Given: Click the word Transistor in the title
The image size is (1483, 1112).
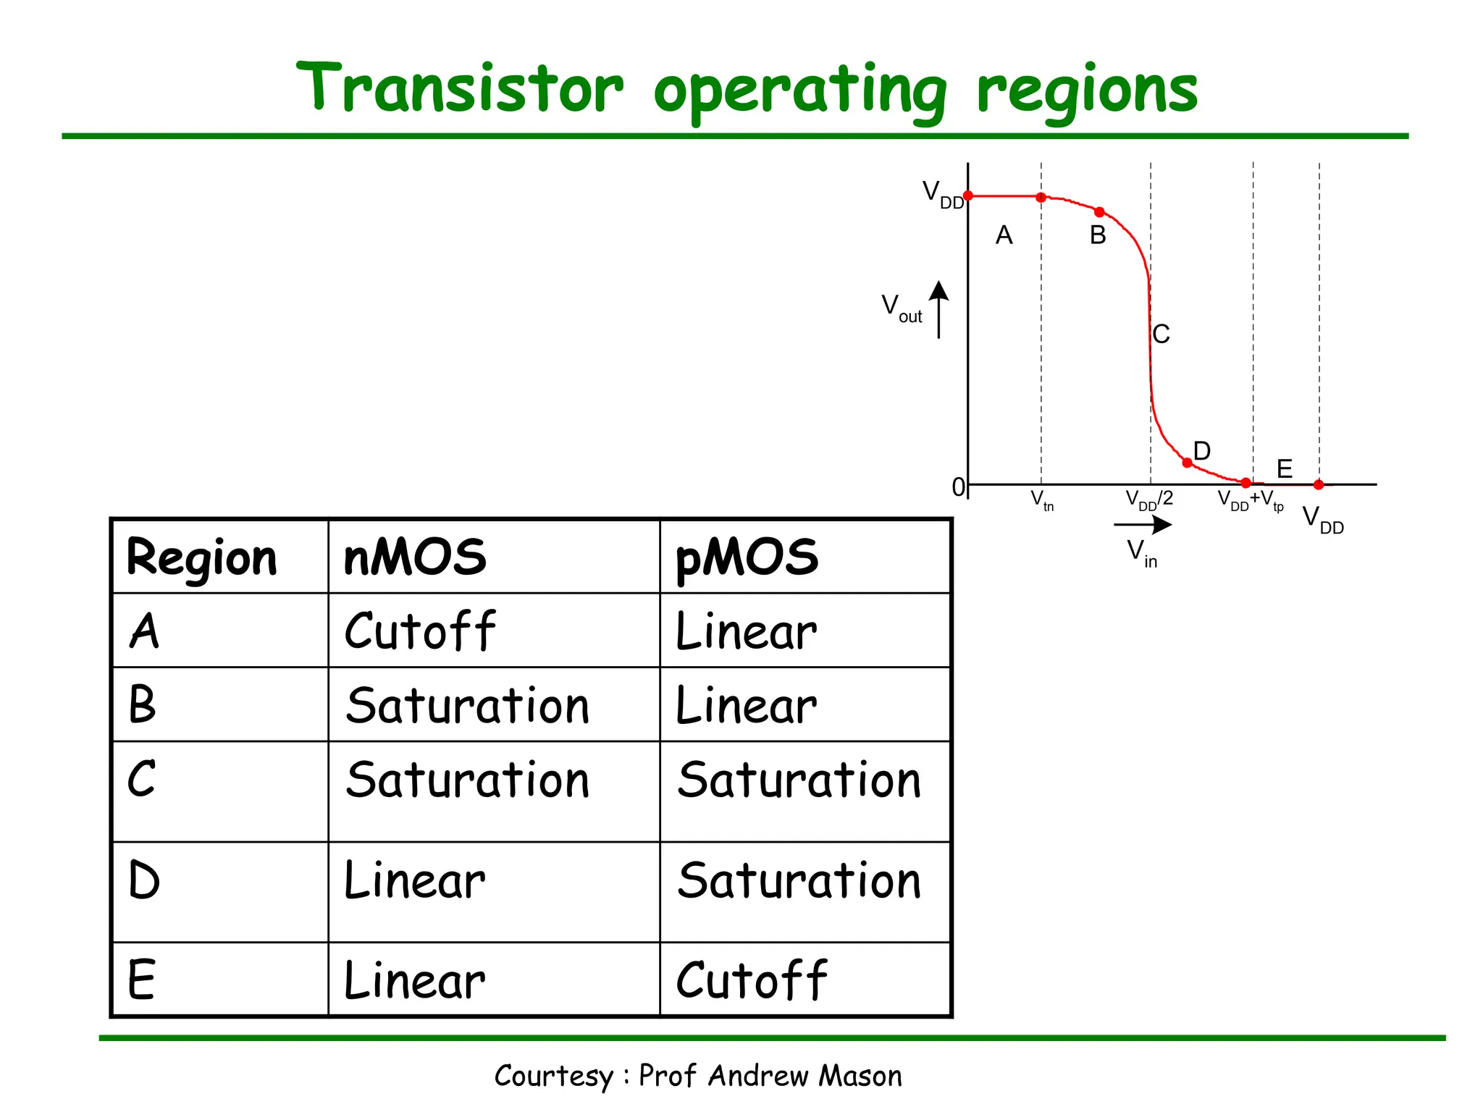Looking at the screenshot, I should [460, 88].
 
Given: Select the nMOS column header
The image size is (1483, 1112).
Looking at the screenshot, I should [415, 557].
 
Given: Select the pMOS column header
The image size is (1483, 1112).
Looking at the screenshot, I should [747, 557].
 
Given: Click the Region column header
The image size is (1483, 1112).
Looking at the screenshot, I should [201, 559].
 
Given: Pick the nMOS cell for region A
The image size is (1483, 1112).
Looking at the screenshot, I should [420, 631].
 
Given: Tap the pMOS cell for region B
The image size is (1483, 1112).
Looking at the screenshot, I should [746, 706].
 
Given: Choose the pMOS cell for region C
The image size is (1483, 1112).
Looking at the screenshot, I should [799, 780].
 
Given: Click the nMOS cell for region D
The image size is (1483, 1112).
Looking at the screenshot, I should [414, 881].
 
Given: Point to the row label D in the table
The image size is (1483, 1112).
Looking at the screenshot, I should [143, 881].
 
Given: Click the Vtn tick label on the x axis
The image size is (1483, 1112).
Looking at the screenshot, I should [1041, 500].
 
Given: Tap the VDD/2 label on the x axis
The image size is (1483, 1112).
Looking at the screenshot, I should [1148, 500].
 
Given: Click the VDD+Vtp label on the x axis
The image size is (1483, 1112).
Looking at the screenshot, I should [1250, 500].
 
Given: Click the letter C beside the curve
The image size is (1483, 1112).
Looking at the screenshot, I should [1161, 334].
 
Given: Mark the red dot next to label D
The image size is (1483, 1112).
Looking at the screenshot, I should [1187, 463].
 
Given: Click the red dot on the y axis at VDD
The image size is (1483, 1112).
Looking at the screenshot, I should [968, 195].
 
